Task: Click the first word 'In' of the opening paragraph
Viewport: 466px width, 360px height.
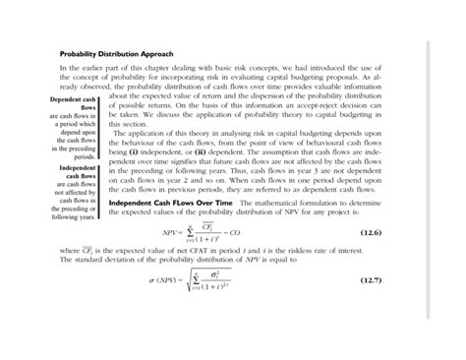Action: (x=65, y=69)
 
